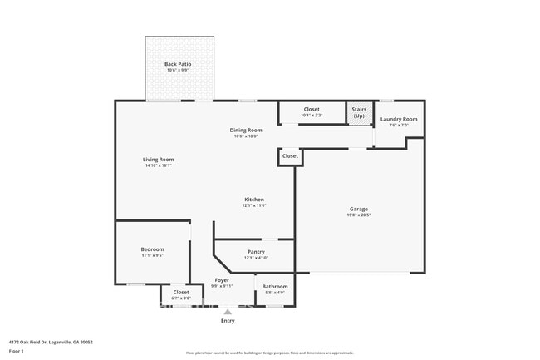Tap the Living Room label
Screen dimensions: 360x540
tap(159, 160)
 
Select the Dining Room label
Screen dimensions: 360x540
tap(246, 130)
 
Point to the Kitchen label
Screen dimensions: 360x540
tap(254, 200)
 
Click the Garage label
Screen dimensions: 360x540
tap(359, 209)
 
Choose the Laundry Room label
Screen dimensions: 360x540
tap(399, 119)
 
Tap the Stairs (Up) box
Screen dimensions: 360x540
tap(359, 112)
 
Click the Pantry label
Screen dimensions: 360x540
tap(256, 252)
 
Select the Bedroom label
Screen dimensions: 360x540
tap(152, 249)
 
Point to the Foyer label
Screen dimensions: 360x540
tap(222, 280)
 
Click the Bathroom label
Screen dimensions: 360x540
tap(275, 287)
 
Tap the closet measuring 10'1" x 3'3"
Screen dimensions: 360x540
tap(312, 110)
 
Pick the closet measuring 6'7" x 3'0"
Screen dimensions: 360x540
tap(181, 293)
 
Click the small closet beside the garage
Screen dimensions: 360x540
tap(290, 156)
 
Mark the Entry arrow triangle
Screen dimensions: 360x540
tap(228, 311)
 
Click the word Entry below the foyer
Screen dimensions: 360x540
tap(228, 321)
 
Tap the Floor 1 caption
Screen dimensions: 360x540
tap(17, 351)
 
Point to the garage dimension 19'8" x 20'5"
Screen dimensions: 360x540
tap(359, 215)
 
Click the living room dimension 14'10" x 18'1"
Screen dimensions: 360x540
tap(159, 165)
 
